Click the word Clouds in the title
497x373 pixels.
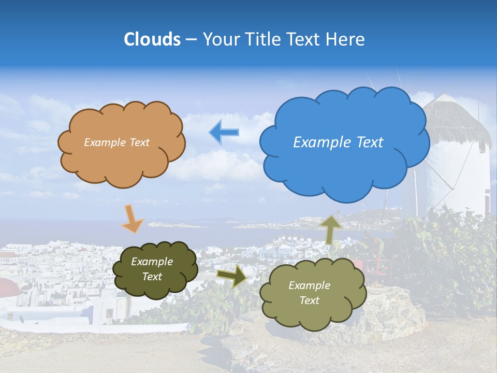pos(152,39)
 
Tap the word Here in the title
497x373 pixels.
pos(346,39)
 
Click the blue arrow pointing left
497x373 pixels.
pos(224,133)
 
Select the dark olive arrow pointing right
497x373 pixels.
pos(232,276)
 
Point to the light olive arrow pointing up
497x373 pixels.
pos(331,229)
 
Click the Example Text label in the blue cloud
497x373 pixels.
pos(338,142)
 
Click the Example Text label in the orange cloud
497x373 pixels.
pos(116,142)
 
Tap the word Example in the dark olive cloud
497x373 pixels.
pos(152,262)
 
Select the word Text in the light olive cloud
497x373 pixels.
pos(309,300)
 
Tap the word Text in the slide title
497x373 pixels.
pos(302,39)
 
